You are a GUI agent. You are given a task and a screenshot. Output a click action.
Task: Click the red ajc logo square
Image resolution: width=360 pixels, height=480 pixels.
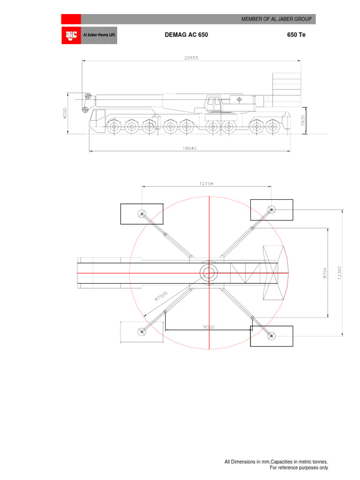[x=71, y=35]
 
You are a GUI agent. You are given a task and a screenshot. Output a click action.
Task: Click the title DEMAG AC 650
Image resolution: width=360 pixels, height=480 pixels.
[x=186, y=35]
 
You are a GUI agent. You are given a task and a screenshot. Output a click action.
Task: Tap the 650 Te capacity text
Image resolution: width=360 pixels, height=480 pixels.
[x=296, y=35]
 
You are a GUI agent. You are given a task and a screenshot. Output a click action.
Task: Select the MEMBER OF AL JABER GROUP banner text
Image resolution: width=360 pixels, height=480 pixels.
[x=276, y=19]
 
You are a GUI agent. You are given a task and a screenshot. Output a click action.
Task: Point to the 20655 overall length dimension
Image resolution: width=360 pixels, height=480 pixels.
[x=191, y=58]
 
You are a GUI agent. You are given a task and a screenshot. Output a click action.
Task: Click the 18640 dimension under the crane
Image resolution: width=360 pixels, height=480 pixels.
[x=190, y=148]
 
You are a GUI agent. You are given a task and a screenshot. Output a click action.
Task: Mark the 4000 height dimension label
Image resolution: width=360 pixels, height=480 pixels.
[x=65, y=113]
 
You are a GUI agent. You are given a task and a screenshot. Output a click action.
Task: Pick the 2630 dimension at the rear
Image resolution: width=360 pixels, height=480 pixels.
[x=303, y=120]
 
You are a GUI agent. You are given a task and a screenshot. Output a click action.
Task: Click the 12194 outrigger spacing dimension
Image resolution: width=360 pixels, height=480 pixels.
[x=206, y=184]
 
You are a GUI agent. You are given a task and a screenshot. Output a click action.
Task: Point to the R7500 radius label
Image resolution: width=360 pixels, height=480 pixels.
[x=160, y=297]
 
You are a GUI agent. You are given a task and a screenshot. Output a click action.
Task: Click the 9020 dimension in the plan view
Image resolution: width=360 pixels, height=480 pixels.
[x=209, y=327]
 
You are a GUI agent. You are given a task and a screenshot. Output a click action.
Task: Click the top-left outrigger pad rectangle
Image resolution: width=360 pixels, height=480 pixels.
[x=142, y=214]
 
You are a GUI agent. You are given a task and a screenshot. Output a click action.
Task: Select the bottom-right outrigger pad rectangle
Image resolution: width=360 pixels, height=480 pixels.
[x=271, y=336]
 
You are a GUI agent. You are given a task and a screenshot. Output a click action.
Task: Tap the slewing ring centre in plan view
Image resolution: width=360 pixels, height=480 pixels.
[x=209, y=273]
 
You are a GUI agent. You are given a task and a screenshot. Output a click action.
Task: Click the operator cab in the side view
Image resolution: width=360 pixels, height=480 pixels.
[x=213, y=103]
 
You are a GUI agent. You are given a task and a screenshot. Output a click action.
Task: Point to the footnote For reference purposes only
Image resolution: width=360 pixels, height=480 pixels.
[x=299, y=468]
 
